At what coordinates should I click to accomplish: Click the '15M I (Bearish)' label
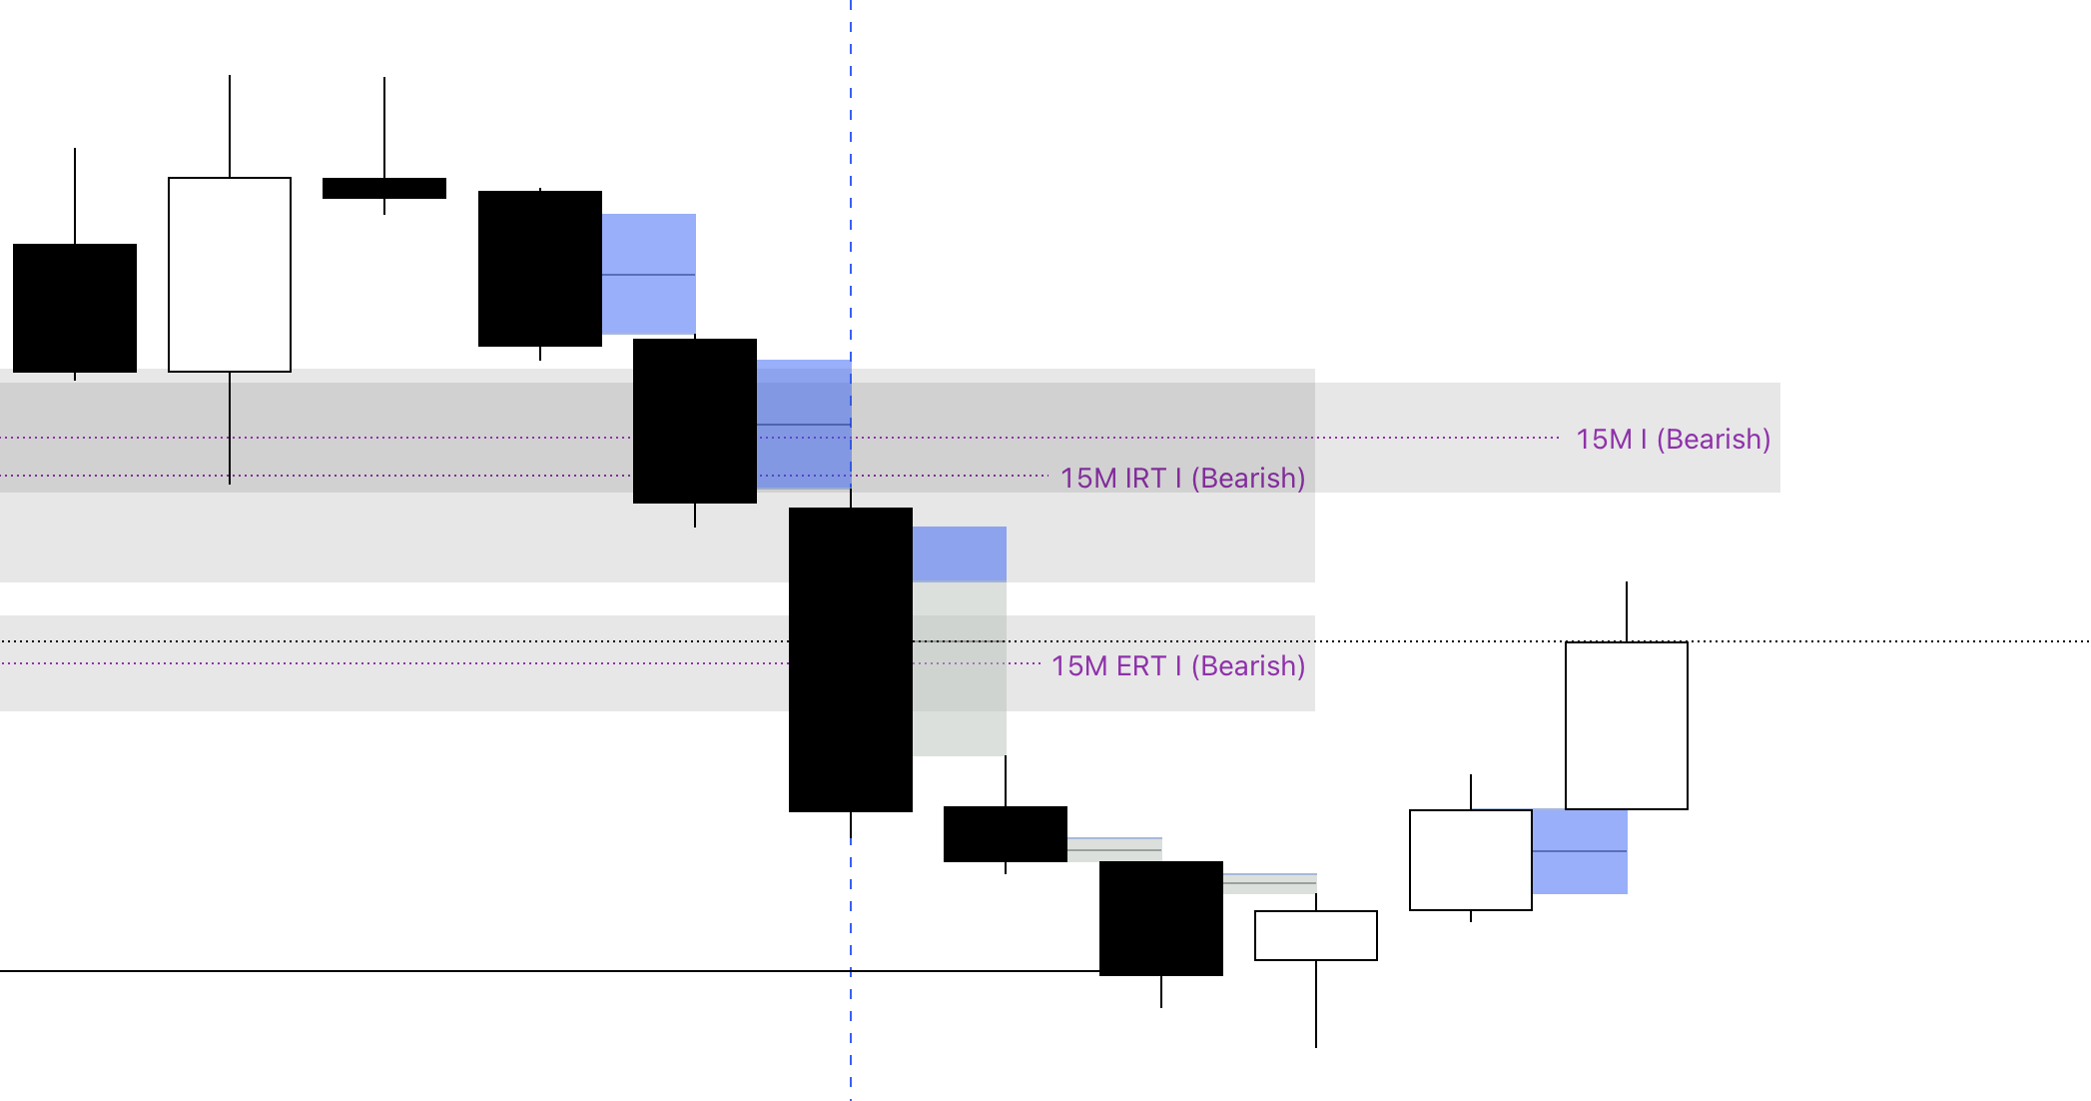coord(1673,440)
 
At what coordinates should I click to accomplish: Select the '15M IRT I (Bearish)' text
coord(1182,479)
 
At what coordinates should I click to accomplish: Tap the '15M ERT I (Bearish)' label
coord(1178,666)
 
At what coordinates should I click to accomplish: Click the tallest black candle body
coord(851,659)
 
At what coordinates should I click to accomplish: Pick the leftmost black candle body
coord(75,308)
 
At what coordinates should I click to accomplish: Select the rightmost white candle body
coord(1627,725)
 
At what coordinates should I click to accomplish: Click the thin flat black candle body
coord(384,188)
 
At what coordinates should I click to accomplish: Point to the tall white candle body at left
coord(230,275)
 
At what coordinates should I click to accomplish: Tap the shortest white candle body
coord(1316,935)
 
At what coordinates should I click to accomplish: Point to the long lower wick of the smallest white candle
coord(1316,1003)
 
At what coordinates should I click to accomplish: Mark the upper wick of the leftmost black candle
coord(75,196)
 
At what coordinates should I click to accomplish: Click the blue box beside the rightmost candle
coord(1580,851)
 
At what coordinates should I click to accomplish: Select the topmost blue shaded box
coord(649,274)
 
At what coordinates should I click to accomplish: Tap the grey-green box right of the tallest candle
coord(960,668)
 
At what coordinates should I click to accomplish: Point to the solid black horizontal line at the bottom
coord(399,970)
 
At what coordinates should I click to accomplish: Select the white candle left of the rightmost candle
coord(1471,860)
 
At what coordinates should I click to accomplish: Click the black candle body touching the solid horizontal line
coord(1161,918)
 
